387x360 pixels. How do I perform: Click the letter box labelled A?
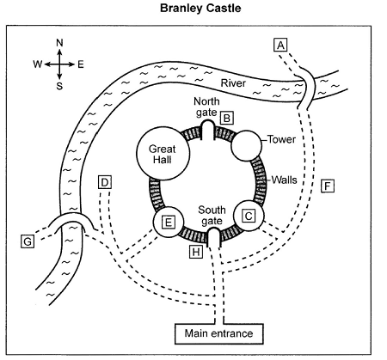coord(280,45)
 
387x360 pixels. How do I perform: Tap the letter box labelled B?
coord(227,118)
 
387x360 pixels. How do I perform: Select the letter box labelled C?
coord(249,216)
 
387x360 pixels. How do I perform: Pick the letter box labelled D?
coord(105,182)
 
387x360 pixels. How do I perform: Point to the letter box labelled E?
coord(169,222)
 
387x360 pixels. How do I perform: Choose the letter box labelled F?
coord(328,186)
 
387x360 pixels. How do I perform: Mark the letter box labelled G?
coord(28,241)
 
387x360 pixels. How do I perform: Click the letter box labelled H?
coord(196,252)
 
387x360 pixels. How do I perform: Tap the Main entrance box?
coord(219,333)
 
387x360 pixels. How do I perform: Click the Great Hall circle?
coord(163,154)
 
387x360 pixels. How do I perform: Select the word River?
coord(233,83)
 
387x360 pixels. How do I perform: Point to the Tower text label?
coord(281,139)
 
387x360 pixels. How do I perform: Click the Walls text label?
coord(284,180)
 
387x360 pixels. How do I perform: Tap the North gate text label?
coord(206,107)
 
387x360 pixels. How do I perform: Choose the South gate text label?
coord(212,216)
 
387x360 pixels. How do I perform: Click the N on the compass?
coord(59,43)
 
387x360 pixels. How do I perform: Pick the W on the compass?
coord(37,64)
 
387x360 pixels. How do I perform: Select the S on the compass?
coord(59,86)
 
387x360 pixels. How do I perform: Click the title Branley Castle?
coord(200,8)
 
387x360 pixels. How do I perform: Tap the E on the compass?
coord(81,64)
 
